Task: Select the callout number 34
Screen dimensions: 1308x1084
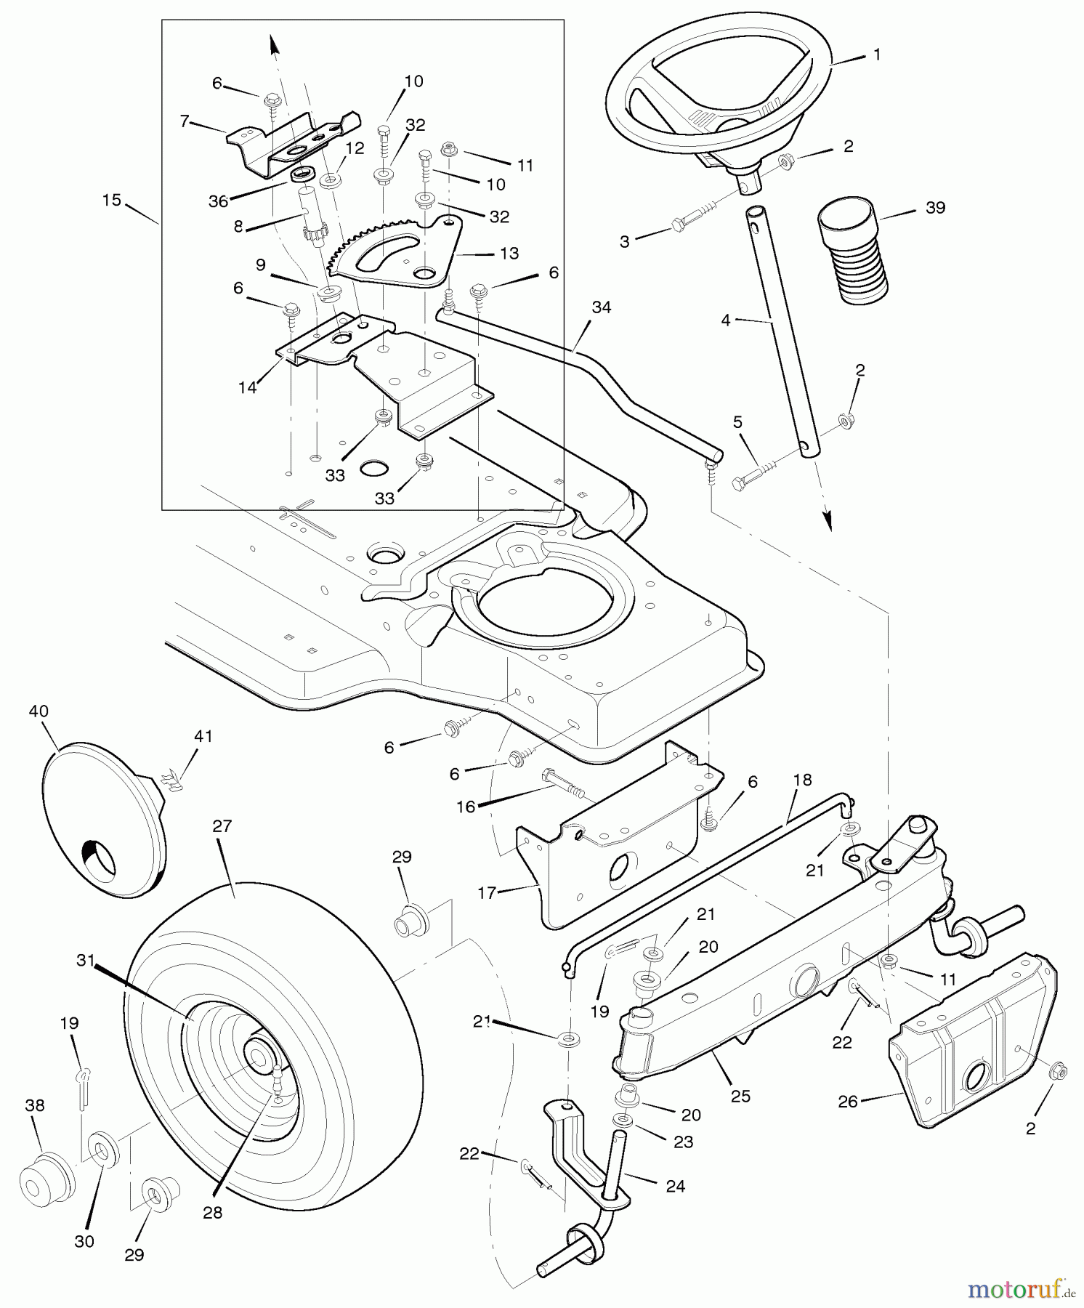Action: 602,307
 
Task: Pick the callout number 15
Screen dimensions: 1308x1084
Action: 111,200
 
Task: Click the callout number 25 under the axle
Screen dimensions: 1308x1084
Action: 740,1096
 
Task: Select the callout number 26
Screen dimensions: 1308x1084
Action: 848,1102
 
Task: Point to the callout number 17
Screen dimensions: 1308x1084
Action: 487,892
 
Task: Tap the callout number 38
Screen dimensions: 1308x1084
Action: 35,1105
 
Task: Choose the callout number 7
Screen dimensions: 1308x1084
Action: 185,121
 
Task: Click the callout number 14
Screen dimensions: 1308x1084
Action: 248,387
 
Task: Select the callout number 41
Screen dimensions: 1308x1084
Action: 203,736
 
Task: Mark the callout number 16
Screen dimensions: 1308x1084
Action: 466,807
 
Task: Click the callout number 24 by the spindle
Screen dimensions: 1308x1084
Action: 676,1186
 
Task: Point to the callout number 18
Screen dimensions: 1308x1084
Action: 803,780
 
